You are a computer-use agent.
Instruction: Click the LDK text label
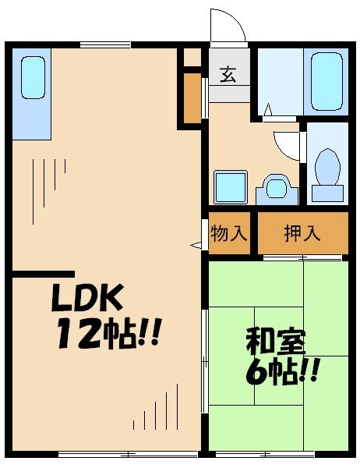pos(87,298)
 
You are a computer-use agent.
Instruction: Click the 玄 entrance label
pos(228,76)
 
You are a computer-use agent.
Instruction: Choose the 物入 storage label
pos(230,233)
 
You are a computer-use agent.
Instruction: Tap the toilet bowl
pos(328,167)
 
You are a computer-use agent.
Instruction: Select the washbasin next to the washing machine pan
pos(275,187)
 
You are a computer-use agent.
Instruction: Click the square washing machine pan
pos(231,186)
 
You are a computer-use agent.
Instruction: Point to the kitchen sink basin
pos(32,77)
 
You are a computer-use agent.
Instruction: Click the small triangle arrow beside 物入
pos(196,245)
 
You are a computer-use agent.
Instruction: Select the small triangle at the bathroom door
pos(266,110)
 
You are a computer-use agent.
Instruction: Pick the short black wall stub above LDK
pos(43,273)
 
